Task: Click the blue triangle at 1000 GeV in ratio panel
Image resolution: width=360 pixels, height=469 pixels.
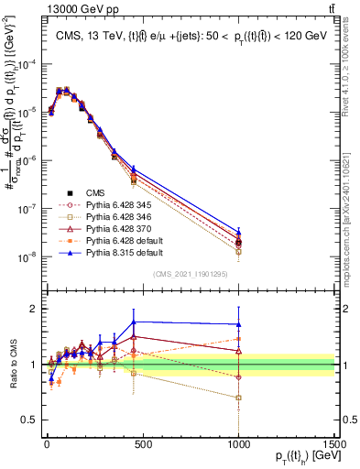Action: pos(238,324)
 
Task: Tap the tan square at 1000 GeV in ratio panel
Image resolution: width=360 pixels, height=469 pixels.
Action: pos(238,398)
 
